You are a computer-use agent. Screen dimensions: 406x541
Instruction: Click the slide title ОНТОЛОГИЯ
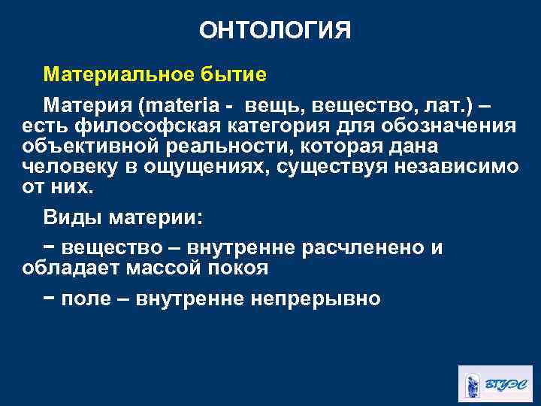tap(275, 31)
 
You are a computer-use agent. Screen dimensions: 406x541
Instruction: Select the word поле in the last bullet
tap(86, 298)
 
